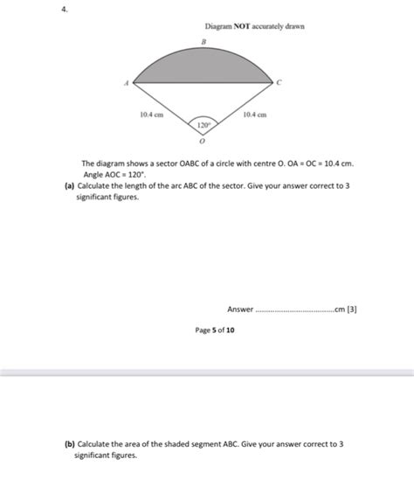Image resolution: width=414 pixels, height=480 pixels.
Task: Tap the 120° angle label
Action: pos(203,125)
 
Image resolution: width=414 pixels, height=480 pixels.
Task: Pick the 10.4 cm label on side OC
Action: pos(255,115)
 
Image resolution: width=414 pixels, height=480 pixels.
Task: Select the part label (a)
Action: pos(69,186)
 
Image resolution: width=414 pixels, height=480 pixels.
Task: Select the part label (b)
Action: pos(69,444)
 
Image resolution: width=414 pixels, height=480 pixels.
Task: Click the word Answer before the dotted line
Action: pos(239,310)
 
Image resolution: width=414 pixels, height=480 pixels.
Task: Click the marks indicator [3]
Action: pos(352,310)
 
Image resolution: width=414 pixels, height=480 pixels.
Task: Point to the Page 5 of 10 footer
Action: pos(214,330)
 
